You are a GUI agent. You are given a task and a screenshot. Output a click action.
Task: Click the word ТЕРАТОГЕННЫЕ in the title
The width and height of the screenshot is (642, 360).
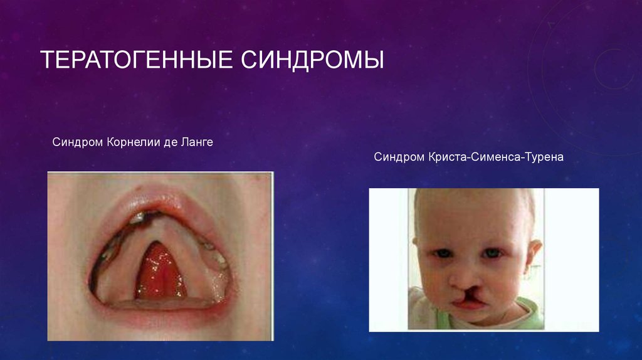coord(135,61)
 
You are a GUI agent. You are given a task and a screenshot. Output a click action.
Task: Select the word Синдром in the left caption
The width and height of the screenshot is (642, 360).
coord(73,143)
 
